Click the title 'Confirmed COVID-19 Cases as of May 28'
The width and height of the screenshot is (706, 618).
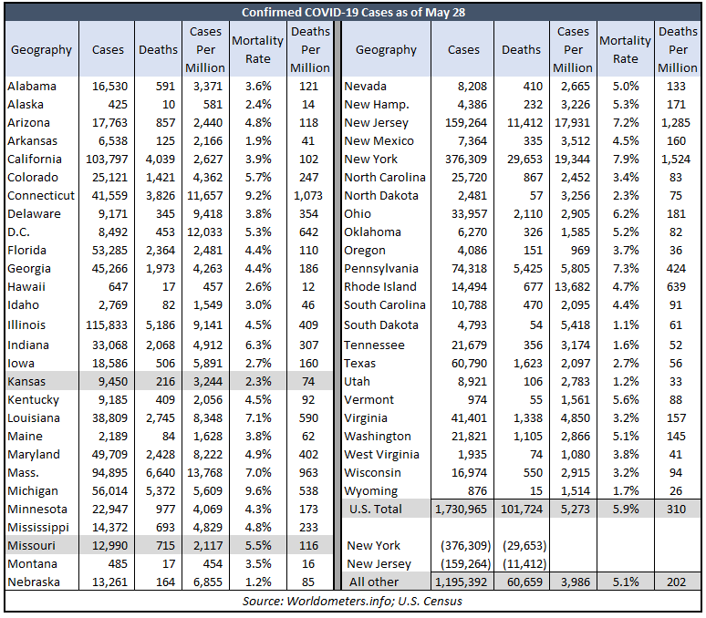(353, 12)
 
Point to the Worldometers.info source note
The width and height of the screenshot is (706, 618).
(353, 601)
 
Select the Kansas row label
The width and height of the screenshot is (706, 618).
(26, 381)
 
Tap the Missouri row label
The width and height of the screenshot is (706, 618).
(32, 546)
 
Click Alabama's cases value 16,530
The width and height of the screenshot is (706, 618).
(109, 86)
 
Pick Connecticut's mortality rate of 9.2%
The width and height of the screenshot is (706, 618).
(258, 196)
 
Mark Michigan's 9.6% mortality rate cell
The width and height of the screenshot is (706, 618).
(258, 490)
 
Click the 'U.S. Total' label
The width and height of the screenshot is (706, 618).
(376, 510)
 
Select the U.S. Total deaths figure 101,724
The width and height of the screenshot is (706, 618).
(522, 510)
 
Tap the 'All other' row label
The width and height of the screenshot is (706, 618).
(374, 582)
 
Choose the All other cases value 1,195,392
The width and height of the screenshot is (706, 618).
(461, 582)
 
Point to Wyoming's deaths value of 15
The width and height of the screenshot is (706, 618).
(535, 490)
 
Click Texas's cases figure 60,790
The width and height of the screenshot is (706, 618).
(469, 363)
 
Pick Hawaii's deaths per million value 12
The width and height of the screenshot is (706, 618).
(308, 286)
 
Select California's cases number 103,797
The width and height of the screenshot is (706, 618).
(107, 160)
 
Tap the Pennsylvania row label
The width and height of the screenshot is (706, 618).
(381, 269)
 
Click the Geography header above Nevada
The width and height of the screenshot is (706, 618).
(386, 49)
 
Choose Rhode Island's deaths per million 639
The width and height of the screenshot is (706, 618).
(676, 286)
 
